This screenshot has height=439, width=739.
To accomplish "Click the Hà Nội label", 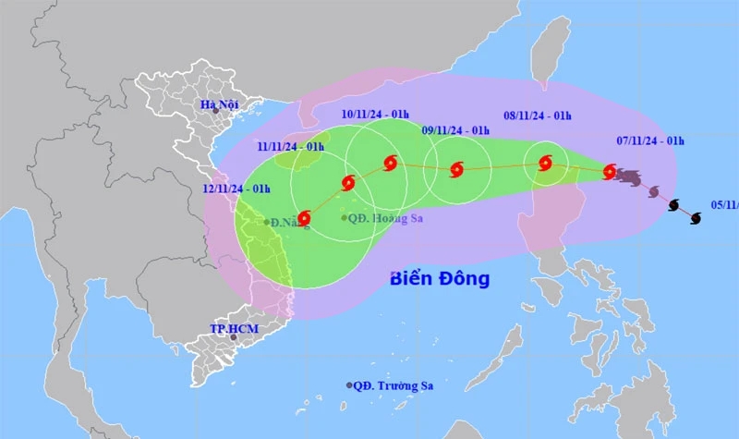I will coord(220,105).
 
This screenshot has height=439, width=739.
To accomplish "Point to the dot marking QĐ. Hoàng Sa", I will coord(345,218).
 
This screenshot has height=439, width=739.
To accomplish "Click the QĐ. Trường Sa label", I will coord(394,385).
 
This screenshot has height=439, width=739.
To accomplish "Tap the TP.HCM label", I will coord(231,328).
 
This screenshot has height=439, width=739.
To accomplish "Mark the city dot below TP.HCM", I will coord(233,337).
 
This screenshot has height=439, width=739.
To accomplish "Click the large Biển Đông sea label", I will coord(439,278).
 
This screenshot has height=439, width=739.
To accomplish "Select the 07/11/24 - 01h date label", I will coord(649,140).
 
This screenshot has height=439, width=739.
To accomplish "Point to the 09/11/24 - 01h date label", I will coord(454,130).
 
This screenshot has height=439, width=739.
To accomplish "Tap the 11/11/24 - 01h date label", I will coord(290,146).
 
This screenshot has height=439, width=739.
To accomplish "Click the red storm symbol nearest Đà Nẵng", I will coord(304,217).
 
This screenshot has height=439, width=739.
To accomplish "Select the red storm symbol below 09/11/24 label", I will coord(456,169).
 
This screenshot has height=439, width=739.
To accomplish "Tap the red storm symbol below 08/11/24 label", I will coord(545,165).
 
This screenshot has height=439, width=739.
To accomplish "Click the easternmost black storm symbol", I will coord(696,217).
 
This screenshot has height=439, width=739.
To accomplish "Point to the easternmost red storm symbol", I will coord(610,171).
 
